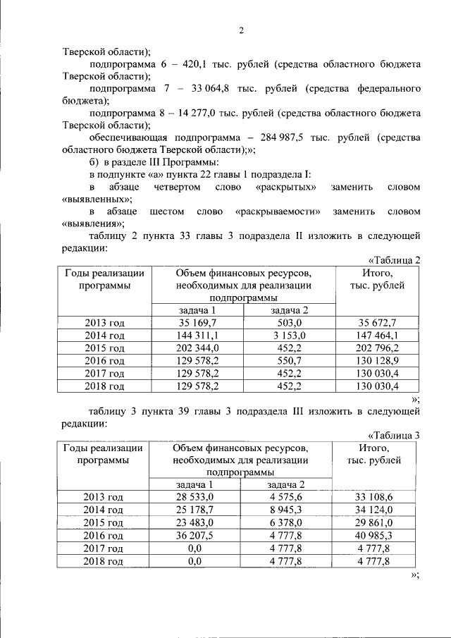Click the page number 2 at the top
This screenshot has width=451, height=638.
tap(241, 30)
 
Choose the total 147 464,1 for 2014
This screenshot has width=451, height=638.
tap(376, 336)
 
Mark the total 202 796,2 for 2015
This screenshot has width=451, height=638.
tap(376, 348)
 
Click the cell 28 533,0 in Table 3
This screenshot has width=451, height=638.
tap(194, 498)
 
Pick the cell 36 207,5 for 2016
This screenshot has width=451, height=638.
tap(194, 536)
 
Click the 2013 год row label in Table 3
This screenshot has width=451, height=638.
tap(104, 498)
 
